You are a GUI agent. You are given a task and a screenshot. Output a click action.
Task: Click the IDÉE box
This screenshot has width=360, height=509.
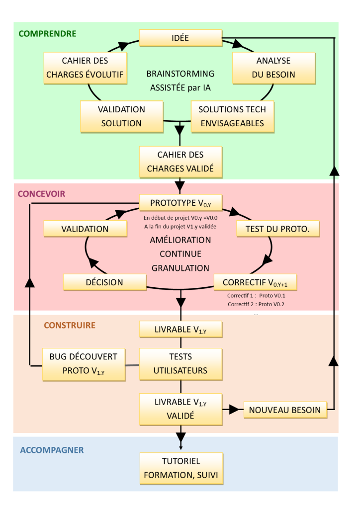click(180, 38)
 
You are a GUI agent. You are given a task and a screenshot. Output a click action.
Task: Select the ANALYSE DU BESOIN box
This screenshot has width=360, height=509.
click(273, 68)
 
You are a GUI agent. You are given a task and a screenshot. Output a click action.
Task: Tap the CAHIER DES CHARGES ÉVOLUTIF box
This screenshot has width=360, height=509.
click(85, 68)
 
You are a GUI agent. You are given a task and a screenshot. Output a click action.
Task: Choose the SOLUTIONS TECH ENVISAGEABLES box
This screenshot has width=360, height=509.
click(232, 117)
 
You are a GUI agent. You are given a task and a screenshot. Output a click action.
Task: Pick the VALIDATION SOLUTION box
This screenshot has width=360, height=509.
click(121, 117)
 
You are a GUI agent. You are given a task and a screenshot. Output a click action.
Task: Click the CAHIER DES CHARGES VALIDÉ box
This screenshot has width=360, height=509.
click(180, 162)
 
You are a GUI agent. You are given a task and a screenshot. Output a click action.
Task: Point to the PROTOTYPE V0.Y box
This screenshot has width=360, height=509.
click(180, 203)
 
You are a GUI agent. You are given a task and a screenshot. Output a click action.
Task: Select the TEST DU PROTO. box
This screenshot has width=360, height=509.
click(278, 229)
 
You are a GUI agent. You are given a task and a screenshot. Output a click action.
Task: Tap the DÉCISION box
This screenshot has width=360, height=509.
click(104, 282)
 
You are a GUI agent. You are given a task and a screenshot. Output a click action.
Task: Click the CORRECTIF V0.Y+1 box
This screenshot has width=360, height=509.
click(255, 282)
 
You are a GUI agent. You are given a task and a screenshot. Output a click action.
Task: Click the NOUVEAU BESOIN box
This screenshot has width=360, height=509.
click(285, 410)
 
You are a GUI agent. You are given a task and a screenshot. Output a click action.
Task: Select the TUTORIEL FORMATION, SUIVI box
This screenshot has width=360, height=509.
click(181, 469)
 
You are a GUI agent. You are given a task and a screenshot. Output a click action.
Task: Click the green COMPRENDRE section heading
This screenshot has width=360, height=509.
click(47, 34)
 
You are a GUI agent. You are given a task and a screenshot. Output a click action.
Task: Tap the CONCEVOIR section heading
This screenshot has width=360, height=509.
click(42, 194)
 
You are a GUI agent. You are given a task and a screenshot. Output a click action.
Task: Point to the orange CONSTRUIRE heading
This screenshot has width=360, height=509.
click(70, 325)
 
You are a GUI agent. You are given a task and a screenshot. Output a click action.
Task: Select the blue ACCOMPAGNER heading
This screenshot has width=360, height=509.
click(52, 450)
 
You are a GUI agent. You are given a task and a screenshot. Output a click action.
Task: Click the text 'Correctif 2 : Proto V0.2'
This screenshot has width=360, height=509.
click(256, 305)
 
